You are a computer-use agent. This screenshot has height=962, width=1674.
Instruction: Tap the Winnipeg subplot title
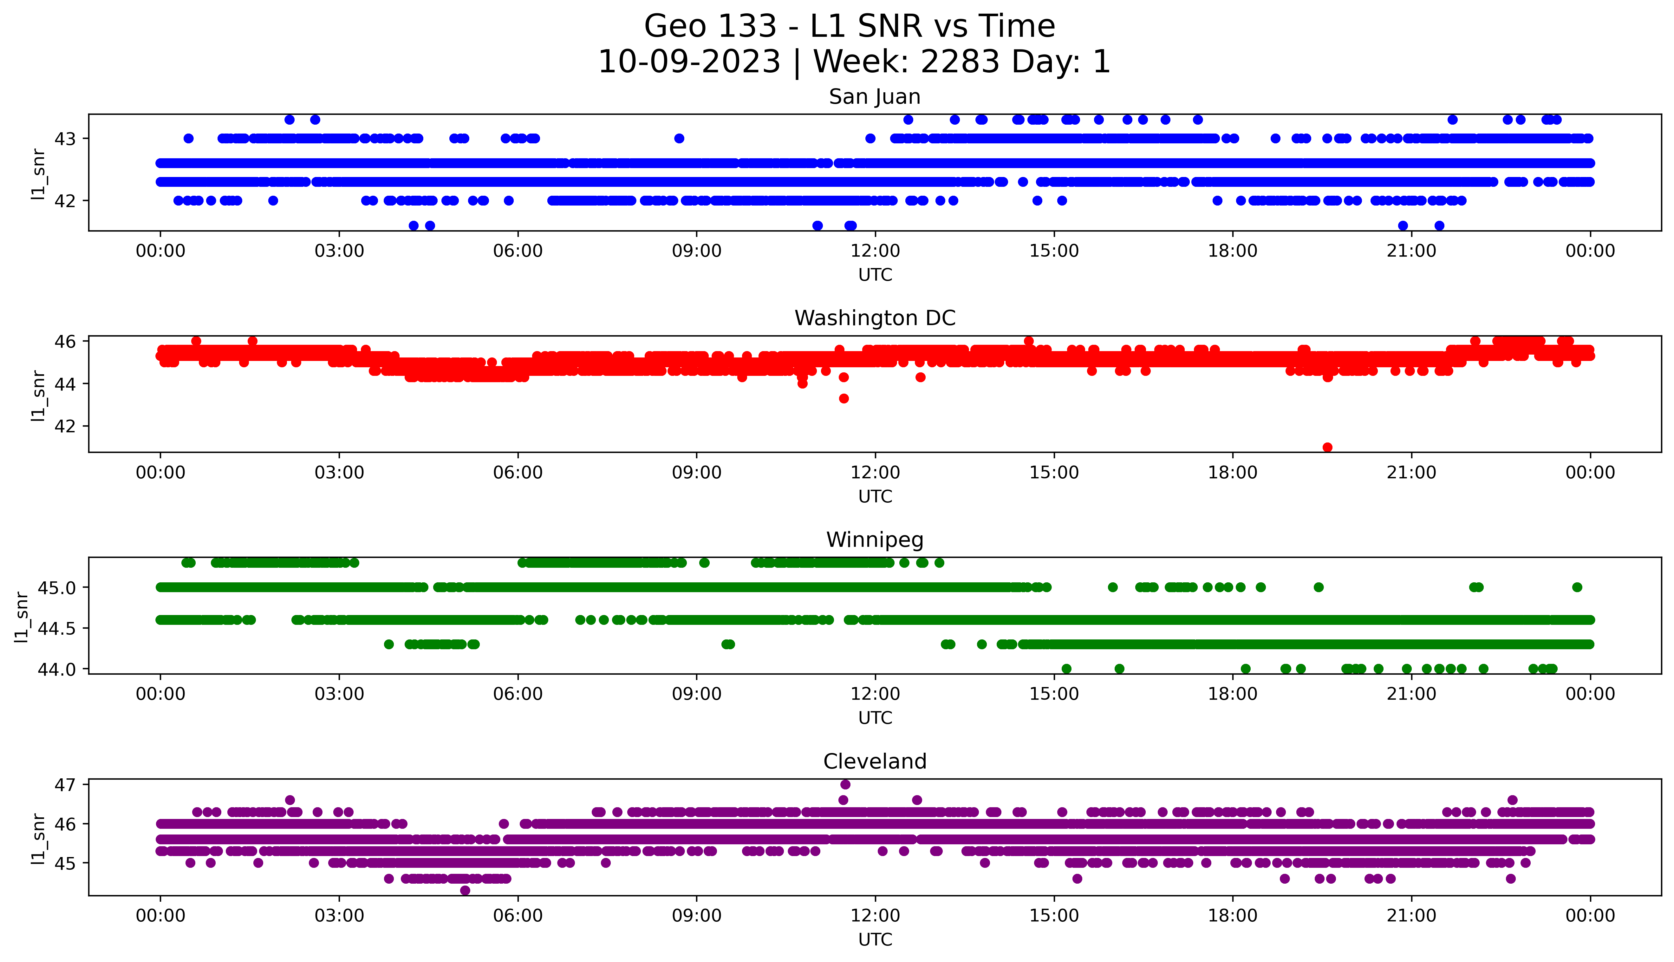pyautogui.click(x=874, y=540)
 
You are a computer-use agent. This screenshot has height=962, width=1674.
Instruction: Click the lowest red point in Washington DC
pyautogui.click(x=1327, y=447)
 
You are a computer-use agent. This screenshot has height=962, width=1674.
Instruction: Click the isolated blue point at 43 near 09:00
pyautogui.click(x=679, y=138)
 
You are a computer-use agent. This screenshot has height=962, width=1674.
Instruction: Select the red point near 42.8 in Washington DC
pyautogui.click(x=844, y=398)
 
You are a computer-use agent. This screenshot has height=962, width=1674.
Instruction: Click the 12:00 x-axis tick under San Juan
pyautogui.click(x=875, y=251)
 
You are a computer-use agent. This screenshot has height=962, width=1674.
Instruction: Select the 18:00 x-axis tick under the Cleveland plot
pyautogui.click(x=1233, y=916)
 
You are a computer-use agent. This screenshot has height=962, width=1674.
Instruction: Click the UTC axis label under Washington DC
pyautogui.click(x=875, y=496)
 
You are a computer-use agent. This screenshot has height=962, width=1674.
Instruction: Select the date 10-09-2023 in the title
pyautogui.click(x=689, y=62)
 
